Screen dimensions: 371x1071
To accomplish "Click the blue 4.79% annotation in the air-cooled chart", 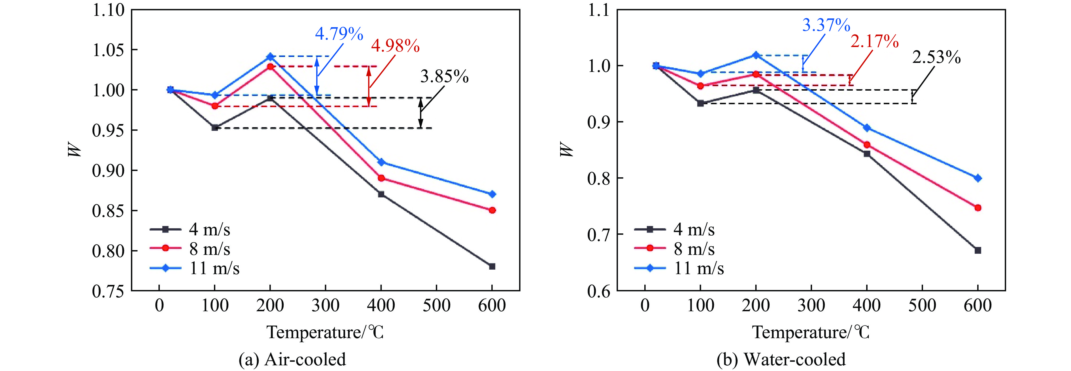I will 339,34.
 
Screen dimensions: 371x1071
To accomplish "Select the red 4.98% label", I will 395,46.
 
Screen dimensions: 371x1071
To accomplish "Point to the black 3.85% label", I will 444,76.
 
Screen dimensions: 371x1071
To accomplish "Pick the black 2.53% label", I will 936,57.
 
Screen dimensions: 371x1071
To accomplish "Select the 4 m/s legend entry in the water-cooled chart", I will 674,229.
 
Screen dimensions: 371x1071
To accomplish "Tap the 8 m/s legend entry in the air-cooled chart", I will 190,248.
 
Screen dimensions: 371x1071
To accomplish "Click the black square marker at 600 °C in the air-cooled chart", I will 492,266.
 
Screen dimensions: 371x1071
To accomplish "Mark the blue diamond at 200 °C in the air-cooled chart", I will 270,56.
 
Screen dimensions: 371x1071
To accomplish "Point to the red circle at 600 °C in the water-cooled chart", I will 977,208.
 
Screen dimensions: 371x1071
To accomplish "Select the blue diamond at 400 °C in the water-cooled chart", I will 867,127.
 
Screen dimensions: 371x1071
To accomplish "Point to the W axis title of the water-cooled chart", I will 566,150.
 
